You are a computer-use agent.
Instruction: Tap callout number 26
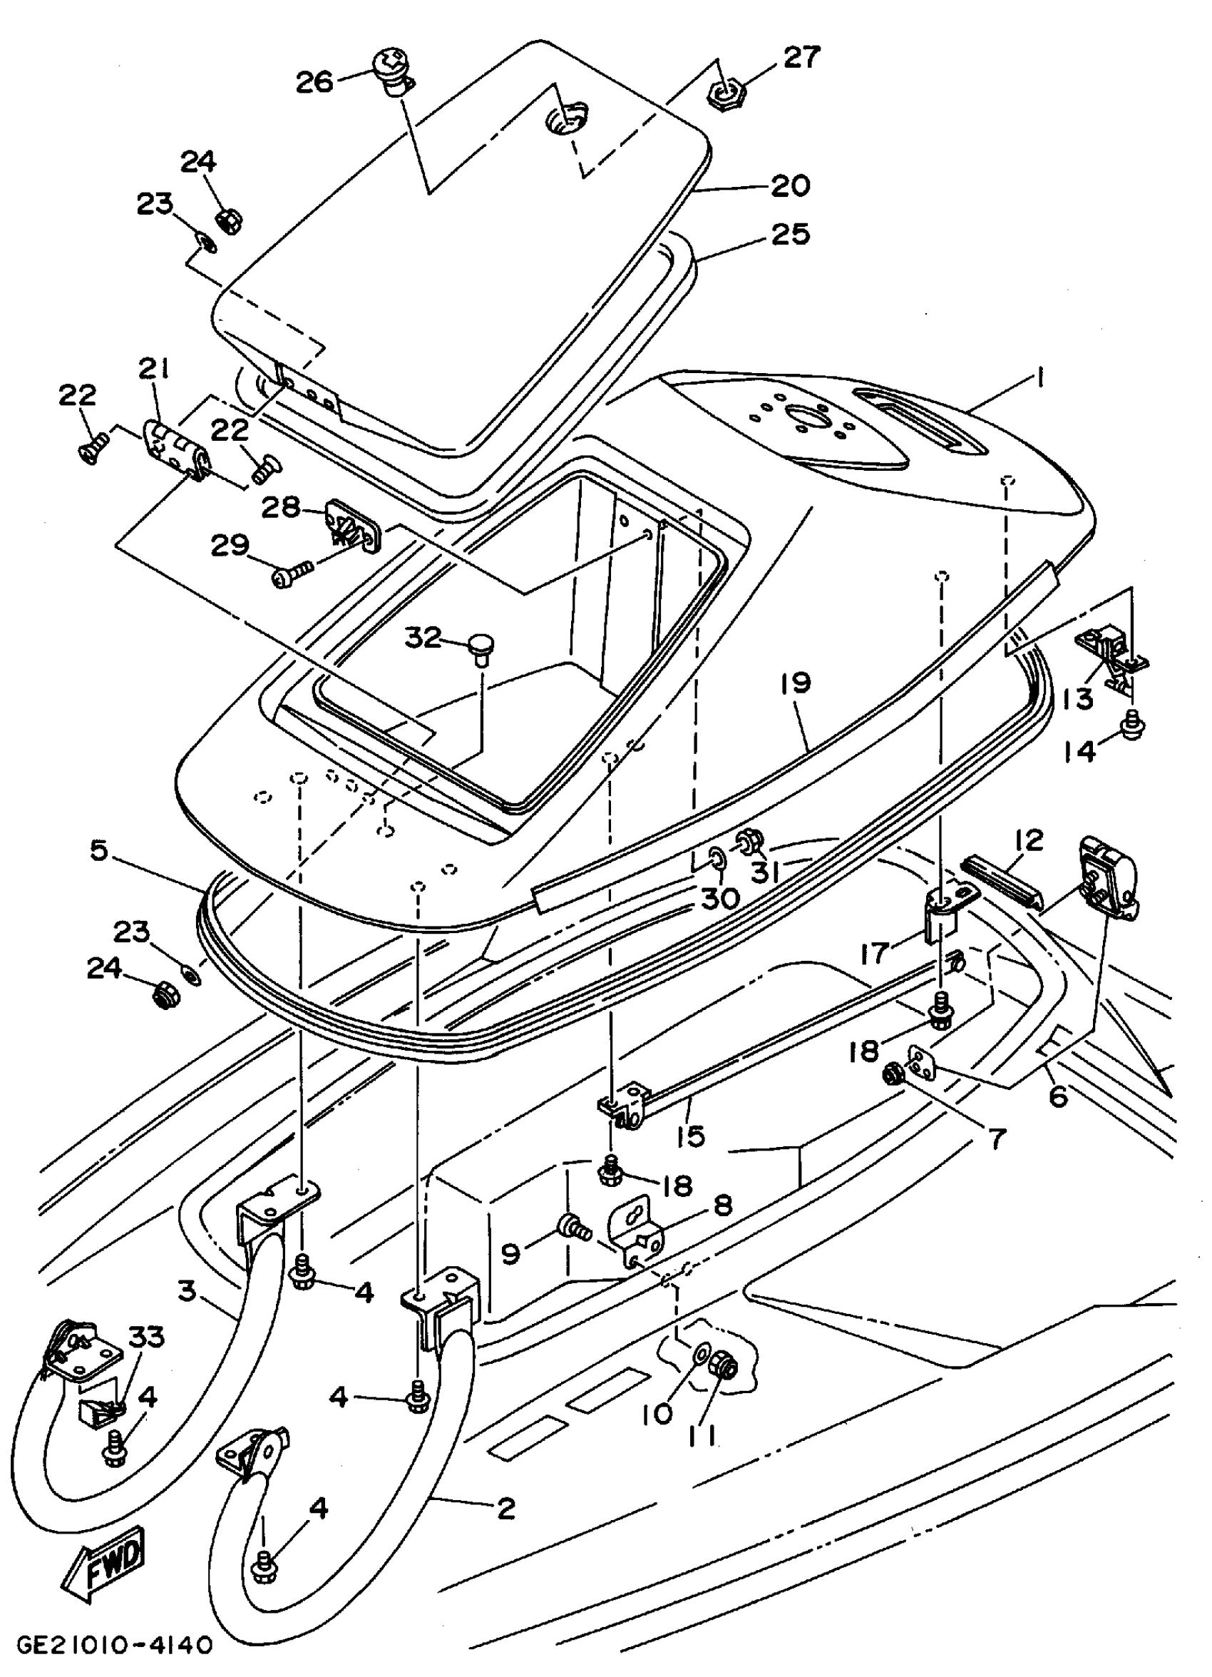316,81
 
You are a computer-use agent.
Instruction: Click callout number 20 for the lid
790,184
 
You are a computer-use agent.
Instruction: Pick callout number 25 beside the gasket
790,234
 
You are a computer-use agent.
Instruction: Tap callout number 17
874,952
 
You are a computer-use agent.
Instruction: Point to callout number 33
146,1337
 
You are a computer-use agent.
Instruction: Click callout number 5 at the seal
99,850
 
